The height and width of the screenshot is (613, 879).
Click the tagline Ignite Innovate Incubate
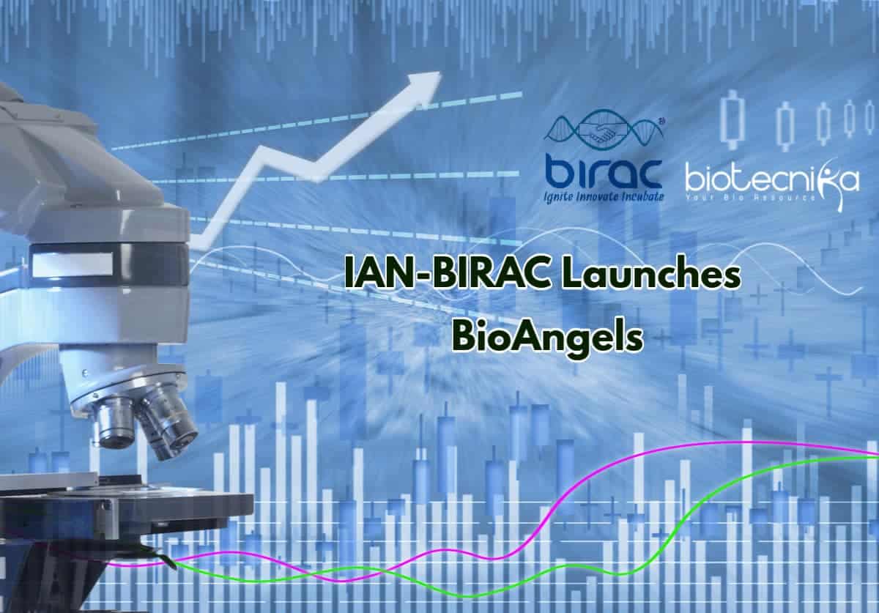(x=604, y=197)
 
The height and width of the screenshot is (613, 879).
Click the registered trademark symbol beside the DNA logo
(x=661, y=122)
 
